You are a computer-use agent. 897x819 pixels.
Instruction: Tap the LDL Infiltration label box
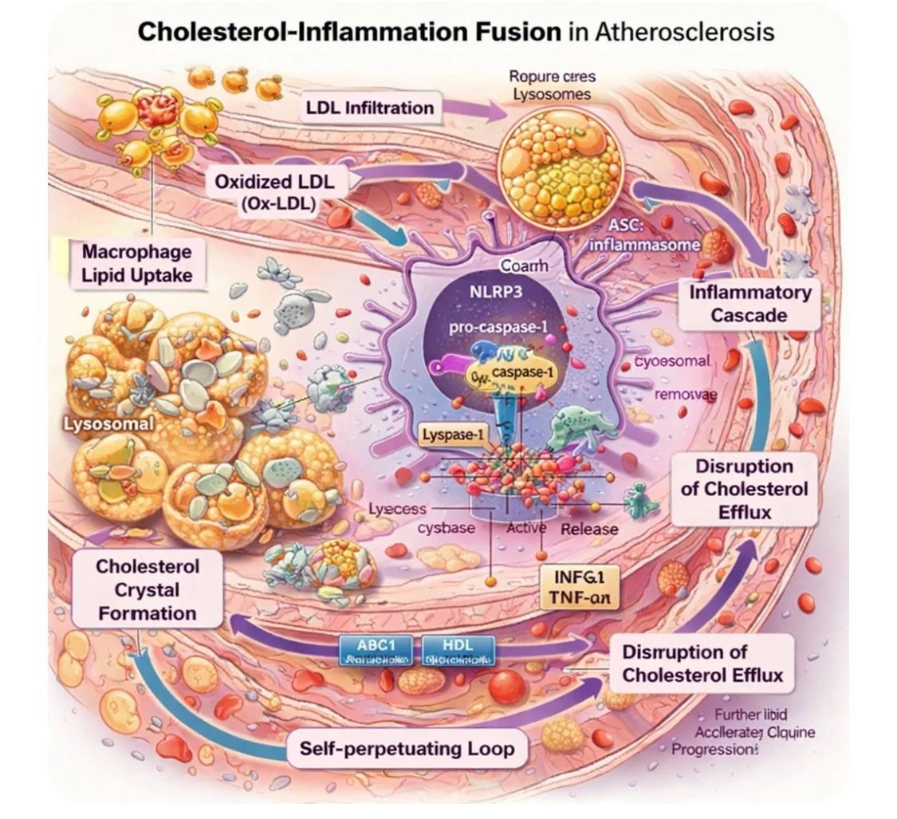pyautogui.click(x=370, y=108)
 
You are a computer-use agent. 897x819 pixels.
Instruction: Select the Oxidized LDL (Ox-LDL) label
pyautogui.click(x=274, y=192)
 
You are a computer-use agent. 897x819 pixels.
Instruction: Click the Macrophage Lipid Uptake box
pyautogui.click(x=137, y=264)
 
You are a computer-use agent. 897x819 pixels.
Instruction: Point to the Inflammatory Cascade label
pyautogui.click(x=749, y=303)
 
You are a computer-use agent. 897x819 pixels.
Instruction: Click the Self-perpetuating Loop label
pyautogui.click(x=407, y=749)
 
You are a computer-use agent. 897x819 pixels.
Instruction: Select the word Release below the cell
pyautogui.click(x=589, y=529)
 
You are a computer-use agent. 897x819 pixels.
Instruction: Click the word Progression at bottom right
pyautogui.click(x=712, y=750)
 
